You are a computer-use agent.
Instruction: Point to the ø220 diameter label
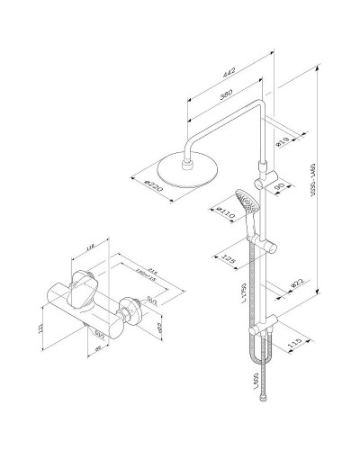[x=152, y=186]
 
